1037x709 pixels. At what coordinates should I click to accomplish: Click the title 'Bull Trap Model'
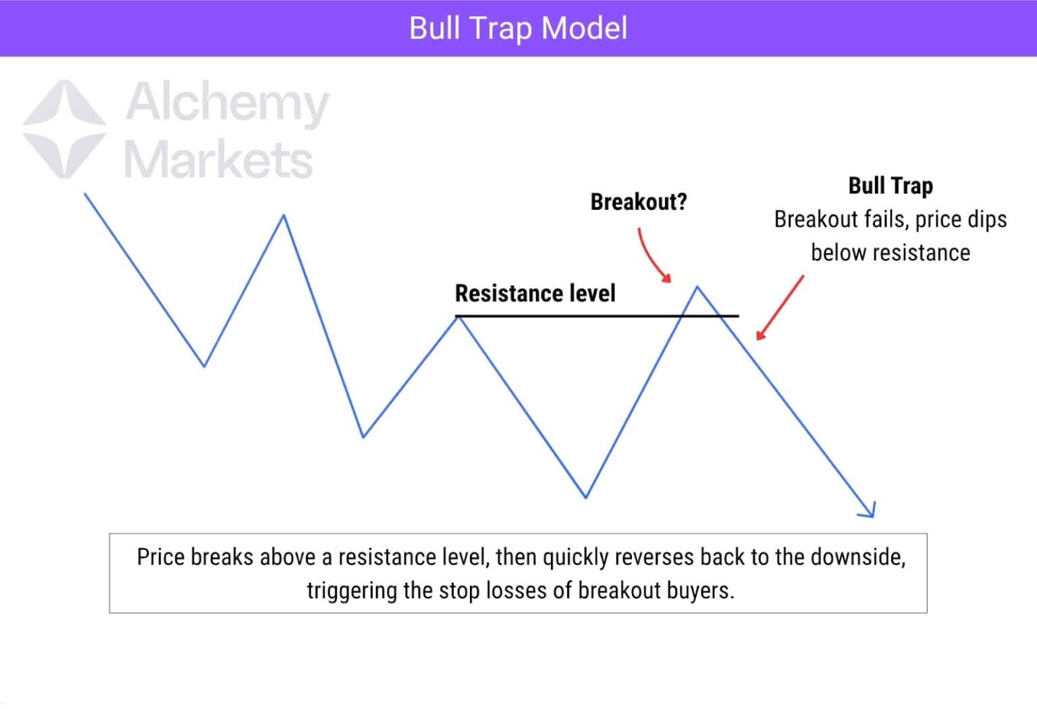[x=518, y=28]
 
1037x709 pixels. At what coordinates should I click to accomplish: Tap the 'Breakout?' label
[x=638, y=202]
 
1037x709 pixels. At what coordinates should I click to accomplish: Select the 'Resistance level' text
[x=535, y=293]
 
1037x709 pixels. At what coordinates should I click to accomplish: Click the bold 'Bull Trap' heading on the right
[x=890, y=186]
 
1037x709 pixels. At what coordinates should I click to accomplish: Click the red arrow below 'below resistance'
[x=780, y=308]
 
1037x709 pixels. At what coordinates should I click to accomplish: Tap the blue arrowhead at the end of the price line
[x=870, y=511]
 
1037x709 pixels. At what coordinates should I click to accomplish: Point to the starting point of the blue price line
[x=85, y=194]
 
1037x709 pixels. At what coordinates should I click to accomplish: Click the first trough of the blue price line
[x=204, y=366]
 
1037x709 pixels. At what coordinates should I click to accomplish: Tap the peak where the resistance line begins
[x=458, y=316]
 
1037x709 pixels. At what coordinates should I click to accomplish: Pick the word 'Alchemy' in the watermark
[x=227, y=103]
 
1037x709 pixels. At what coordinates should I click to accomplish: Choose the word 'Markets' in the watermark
[x=218, y=160]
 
